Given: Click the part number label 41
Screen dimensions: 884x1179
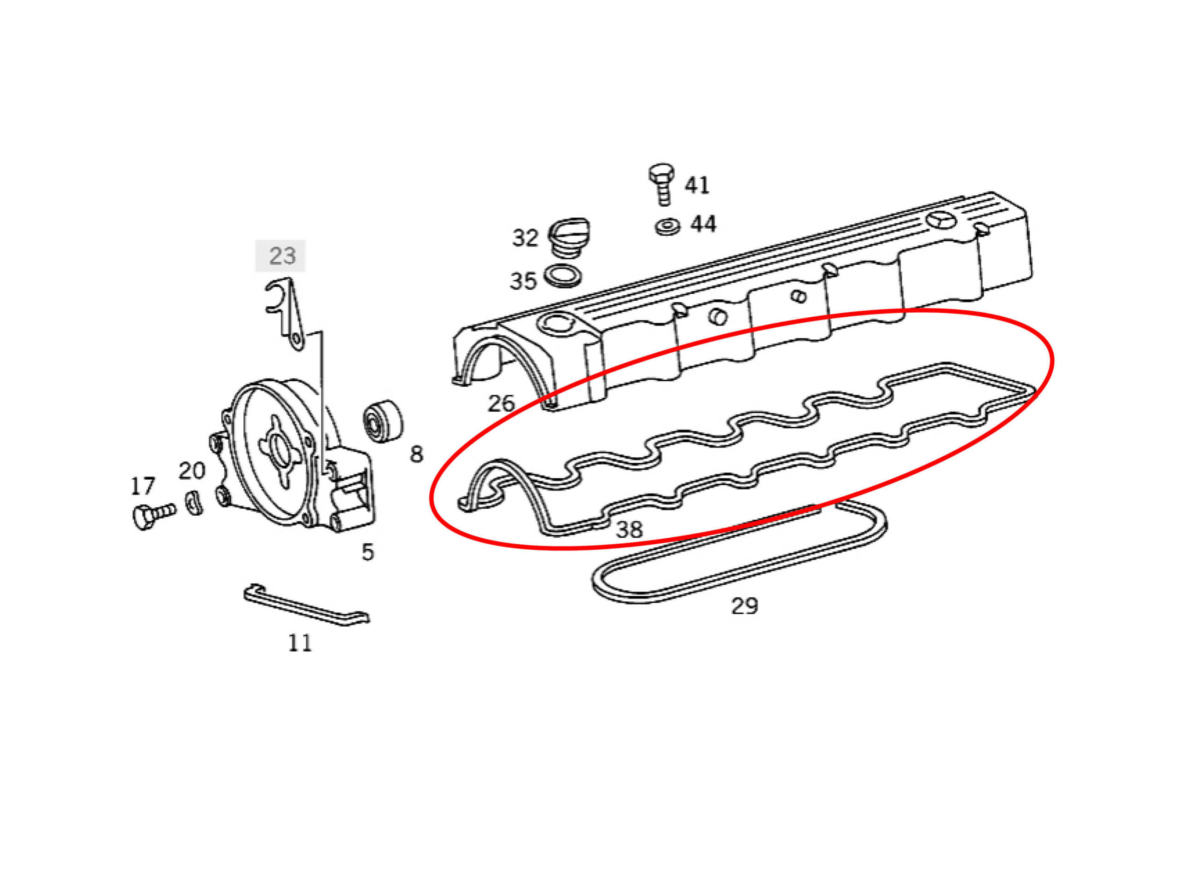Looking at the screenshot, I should (697, 186).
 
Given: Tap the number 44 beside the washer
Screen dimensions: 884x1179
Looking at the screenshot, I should (703, 224).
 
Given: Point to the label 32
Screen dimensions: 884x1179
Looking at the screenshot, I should (525, 238).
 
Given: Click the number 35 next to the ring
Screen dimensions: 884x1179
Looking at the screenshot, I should (523, 281).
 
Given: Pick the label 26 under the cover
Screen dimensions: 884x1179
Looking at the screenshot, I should (501, 403).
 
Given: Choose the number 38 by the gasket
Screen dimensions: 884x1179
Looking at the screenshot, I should (629, 529).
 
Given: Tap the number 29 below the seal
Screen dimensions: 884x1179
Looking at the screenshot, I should (744, 605).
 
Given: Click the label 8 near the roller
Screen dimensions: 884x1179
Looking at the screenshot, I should (416, 454).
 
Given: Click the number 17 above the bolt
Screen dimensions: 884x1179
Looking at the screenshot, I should (142, 486).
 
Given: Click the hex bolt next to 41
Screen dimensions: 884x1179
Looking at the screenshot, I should (661, 183).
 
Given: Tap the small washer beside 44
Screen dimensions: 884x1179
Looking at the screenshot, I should (667, 227).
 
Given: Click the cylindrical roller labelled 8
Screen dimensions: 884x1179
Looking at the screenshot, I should (382, 420).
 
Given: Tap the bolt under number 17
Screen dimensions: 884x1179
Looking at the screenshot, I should (152, 515).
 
